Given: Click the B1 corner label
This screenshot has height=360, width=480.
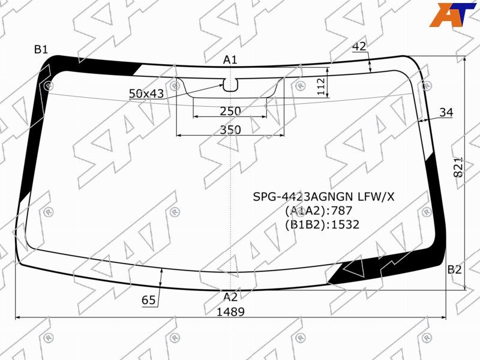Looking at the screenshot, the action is pos(41,49).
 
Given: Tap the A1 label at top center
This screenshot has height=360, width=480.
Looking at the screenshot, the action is pos(230,59).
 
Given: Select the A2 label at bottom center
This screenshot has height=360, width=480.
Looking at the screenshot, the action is pos(230,296).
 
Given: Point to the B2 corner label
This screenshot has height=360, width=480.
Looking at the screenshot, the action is pos(454,269).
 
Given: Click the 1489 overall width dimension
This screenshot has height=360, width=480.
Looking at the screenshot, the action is pos(230,312).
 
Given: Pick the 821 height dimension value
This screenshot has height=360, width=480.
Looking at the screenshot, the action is pos(458,167).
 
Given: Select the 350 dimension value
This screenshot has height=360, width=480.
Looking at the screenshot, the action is pos(230,130).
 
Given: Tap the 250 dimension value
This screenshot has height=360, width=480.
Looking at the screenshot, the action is pos(230,111).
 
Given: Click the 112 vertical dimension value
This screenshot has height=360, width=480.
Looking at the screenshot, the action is pos(320,86).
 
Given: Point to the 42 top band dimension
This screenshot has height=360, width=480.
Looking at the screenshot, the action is pos(359,46).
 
